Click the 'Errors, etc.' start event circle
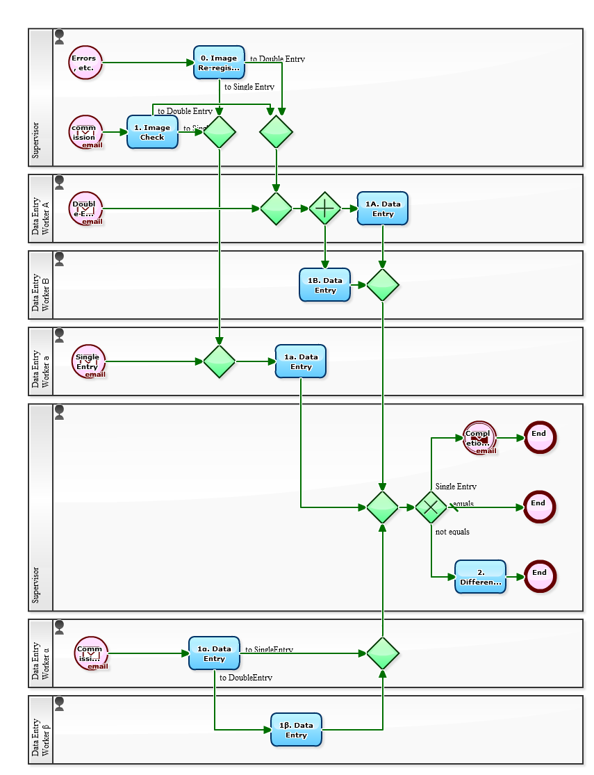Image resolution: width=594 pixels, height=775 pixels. pos(85,63)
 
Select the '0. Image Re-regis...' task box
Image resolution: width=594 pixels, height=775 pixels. pos(219,63)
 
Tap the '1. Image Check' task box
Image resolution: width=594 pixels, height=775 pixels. pos(152,132)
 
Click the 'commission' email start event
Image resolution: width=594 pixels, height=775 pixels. pos(86,132)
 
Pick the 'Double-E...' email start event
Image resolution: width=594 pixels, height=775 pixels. pos(86,209)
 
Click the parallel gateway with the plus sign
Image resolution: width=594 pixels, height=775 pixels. pos(325,209)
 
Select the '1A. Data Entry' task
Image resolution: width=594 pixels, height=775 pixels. pos(383,209)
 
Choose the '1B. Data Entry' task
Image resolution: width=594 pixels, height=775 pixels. pos(325,285)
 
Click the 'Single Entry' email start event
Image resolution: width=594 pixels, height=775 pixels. pos(88,361)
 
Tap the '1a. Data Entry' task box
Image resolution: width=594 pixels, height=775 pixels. pos(301,361)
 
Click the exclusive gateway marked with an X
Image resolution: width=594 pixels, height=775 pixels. pos(431,507)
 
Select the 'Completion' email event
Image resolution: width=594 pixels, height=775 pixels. pos(479,438)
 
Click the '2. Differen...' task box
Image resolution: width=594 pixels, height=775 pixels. pos(481,577)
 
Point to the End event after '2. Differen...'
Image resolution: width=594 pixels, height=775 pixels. pos(540,576)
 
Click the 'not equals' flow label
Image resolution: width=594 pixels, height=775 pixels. pos(452,532)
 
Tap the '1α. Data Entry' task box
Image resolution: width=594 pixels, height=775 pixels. pos(214,653)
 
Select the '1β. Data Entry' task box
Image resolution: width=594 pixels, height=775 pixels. pos(296,730)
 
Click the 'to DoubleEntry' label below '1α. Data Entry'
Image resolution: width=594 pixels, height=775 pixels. pos(246,678)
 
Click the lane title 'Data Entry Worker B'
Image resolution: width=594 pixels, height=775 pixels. pos(41,285)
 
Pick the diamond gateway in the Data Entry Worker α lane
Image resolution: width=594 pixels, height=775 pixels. pos(383,653)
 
